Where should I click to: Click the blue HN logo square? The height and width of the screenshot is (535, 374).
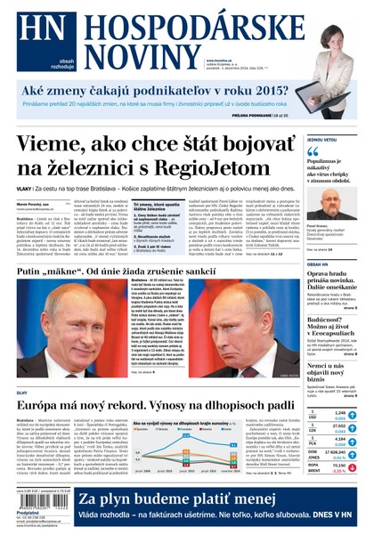32,35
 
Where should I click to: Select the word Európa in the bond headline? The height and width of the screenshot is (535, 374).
42,407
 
